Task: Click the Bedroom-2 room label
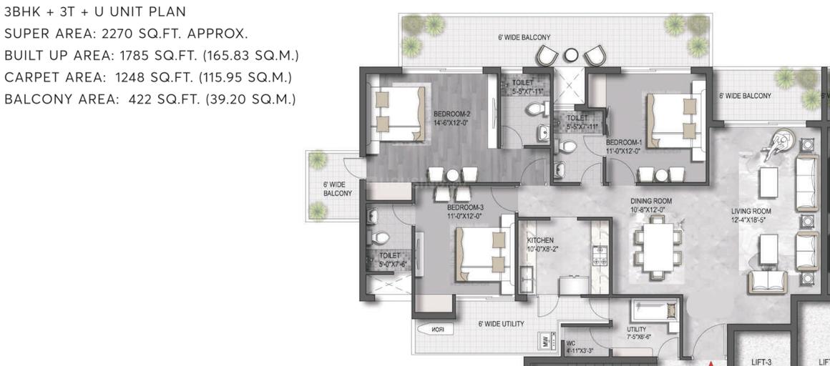[451, 118]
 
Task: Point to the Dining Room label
[648, 206]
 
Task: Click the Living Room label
[751, 215]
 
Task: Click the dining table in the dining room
[657, 247]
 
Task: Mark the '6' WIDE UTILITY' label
[501, 324]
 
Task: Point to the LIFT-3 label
[761, 362]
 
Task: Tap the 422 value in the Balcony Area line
[141, 99]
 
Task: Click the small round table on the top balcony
[570, 55]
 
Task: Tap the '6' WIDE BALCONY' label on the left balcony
[337, 189]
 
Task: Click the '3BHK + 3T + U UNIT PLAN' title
[95, 11]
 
